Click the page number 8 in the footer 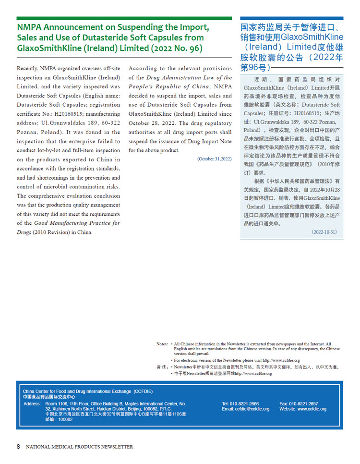(18, 446)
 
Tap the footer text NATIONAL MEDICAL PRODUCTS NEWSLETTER (80, 447)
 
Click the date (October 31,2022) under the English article (214, 159)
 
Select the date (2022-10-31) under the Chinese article (324, 232)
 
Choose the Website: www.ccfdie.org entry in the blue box (303, 409)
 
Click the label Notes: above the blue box (162, 344)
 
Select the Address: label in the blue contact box (32, 404)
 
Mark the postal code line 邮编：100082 (59, 419)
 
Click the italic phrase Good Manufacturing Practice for (77, 223)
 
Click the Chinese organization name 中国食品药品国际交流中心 (48, 397)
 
